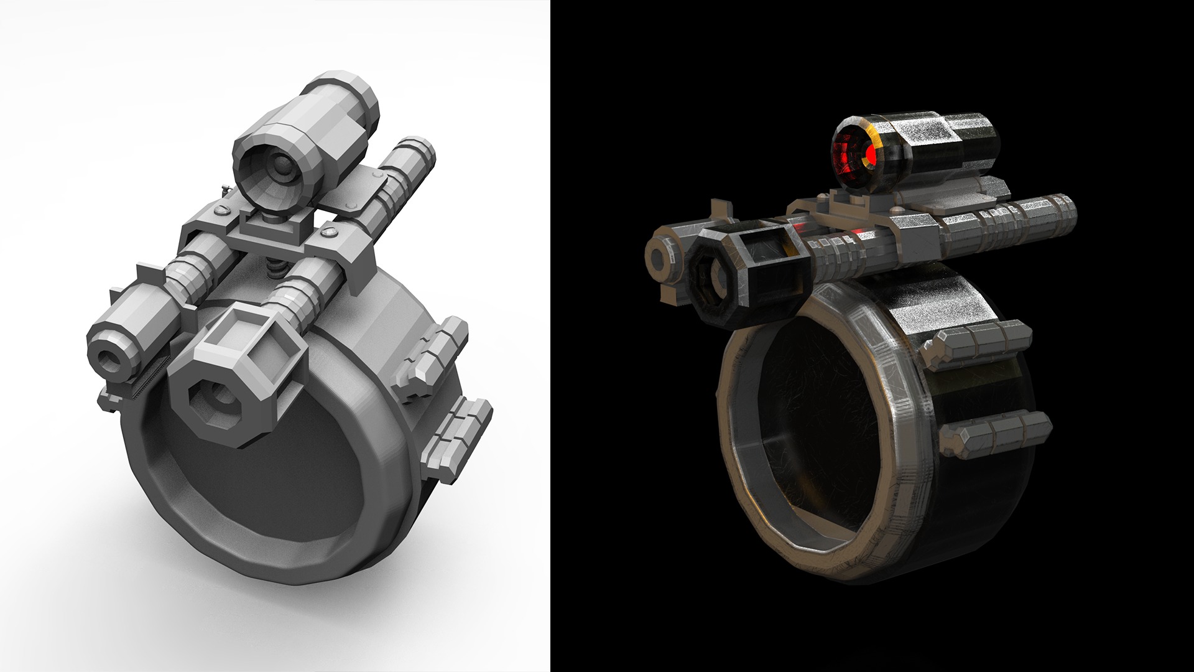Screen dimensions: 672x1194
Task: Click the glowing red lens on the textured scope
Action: coord(856,149)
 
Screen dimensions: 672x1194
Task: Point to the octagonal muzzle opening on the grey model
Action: coord(221,399)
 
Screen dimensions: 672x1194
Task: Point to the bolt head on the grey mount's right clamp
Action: coord(328,232)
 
